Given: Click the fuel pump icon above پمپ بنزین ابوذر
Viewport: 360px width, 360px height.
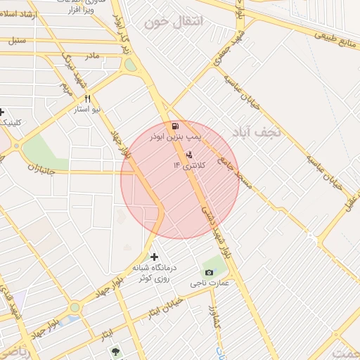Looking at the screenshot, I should [x=174, y=127].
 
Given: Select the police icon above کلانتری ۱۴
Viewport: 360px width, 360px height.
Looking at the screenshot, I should [x=188, y=154].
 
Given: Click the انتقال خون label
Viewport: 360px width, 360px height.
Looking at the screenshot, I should [x=173, y=22].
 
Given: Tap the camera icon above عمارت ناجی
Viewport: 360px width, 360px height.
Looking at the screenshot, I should [x=209, y=272].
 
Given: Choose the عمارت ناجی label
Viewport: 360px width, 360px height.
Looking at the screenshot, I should [x=209, y=283].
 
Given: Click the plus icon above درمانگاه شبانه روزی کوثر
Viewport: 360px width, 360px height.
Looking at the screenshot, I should [x=155, y=257].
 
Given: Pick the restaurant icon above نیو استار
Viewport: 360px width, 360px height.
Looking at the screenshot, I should [x=88, y=99].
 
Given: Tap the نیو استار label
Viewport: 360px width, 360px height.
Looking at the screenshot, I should [x=89, y=110].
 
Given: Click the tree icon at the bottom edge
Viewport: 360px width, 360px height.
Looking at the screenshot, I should [x=115, y=351].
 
